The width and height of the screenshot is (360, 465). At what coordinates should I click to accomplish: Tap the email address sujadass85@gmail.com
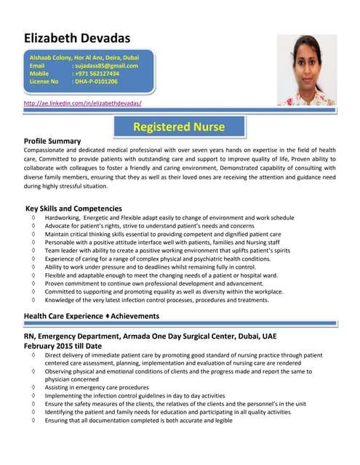[105, 65]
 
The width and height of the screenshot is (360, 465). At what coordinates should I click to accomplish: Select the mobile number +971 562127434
[96, 73]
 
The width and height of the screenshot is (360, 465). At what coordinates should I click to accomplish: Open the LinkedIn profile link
[83, 104]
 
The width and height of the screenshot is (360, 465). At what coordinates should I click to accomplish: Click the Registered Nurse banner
[179, 127]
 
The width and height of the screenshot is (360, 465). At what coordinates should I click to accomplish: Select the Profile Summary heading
[52, 140]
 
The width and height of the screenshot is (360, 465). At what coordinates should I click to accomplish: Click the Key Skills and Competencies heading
[73, 209]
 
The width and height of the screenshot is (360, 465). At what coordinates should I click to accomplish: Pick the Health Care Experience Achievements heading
[92, 316]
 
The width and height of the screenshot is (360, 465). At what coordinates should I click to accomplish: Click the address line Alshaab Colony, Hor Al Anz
[84, 57]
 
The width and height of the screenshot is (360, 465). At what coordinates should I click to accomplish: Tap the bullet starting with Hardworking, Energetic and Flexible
[169, 218]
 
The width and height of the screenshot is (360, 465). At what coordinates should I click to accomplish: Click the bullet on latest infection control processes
[156, 300]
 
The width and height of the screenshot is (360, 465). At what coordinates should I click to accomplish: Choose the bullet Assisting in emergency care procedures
[97, 387]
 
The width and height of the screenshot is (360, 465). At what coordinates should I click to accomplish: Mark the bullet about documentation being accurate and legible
[138, 420]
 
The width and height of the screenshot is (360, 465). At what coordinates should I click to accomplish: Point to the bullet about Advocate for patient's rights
[149, 226]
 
